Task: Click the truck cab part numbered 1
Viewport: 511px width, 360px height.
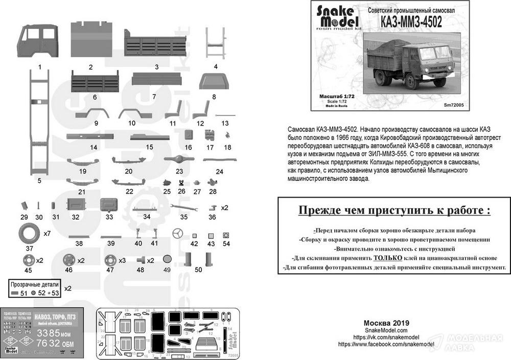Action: [x=39, y=42]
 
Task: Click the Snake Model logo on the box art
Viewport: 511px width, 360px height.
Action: [x=337, y=18]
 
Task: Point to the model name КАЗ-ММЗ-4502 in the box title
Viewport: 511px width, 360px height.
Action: [x=411, y=22]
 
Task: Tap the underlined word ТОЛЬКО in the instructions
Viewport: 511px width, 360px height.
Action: [x=390, y=258]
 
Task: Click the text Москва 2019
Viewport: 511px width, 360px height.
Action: [x=386, y=323]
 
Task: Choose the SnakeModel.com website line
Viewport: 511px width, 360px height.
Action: [x=386, y=330]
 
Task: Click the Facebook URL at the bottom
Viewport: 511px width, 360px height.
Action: [x=386, y=345]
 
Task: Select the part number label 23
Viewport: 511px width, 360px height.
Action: [x=179, y=172]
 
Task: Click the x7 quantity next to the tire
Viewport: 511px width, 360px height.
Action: [x=47, y=234]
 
